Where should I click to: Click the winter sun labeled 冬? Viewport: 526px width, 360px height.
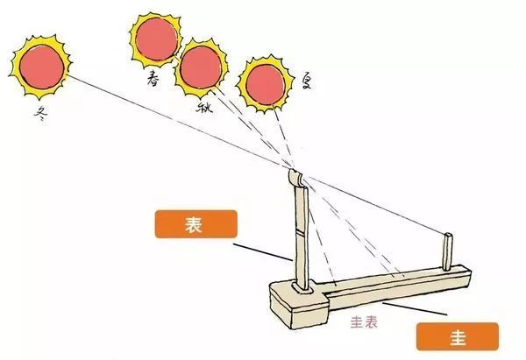click(x=41, y=67)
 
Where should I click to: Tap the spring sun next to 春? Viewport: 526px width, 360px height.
click(x=155, y=39)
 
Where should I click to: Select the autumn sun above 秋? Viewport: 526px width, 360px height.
click(x=201, y=67)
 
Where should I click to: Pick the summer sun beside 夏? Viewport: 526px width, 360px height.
click(x=265, y=84)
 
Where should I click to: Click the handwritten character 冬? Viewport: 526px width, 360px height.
click(x=40, y=114)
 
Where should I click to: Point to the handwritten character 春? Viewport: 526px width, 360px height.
click(x=153, y=80)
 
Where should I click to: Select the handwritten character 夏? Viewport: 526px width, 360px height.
click(x=306, y=81)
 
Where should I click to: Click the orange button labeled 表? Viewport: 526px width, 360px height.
click(x=195, y=224)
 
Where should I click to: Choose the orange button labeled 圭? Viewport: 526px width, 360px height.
click(x=458, y=336)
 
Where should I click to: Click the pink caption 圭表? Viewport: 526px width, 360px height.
click(x=364, y=322)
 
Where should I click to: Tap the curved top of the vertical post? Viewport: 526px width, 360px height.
click(x=295, y=178)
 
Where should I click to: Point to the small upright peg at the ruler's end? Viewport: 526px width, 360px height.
click(x=448, y=251)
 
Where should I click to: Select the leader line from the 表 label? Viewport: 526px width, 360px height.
click(x=263, y=251)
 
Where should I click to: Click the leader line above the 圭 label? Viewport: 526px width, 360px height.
click(x=415, y=308)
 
